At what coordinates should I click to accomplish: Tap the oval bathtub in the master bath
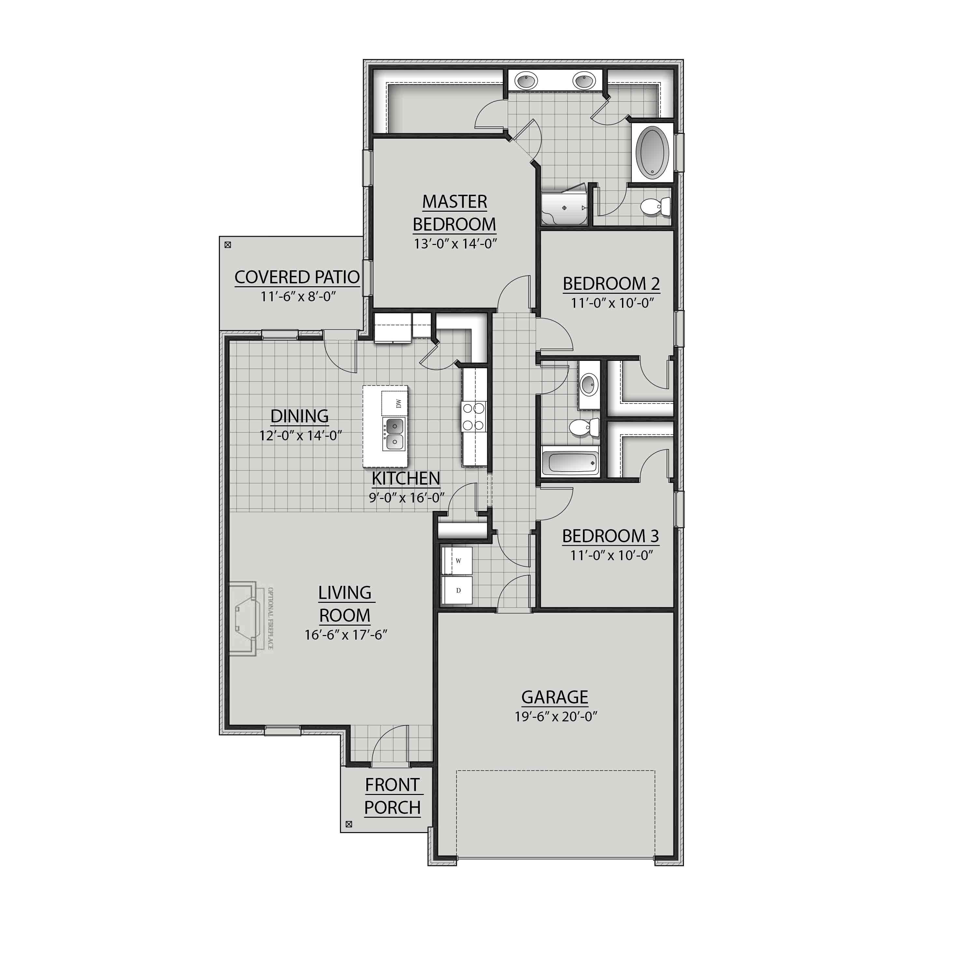(652, 152)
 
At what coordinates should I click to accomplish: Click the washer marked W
(458, 560)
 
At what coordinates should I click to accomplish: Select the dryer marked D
(458, 590)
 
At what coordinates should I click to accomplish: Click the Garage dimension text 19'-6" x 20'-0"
(556, 716)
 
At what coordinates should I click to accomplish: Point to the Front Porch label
(392, 796)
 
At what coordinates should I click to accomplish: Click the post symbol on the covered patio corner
(228, 245)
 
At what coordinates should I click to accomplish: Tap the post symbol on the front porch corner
(348, 824)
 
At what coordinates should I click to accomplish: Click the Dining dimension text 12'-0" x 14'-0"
(300, 435)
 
